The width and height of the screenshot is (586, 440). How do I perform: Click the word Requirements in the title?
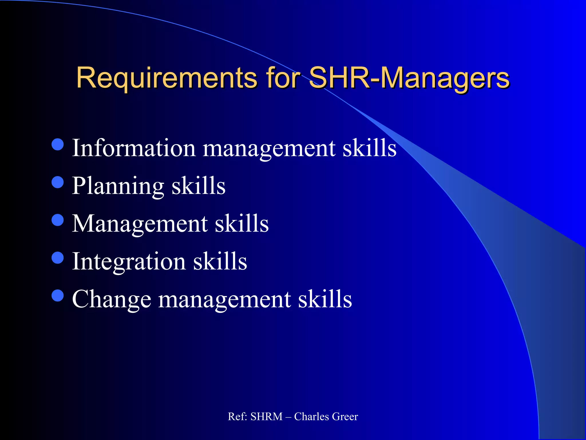point(167,78)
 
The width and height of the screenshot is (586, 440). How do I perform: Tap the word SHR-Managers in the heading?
point(409,78)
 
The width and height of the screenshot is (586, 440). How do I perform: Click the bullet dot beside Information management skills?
point(58,145)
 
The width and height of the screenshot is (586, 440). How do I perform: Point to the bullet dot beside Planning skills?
point(58,182)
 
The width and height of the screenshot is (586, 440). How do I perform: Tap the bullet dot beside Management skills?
point(58,220)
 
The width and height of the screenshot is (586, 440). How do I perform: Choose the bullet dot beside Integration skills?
point(58,258)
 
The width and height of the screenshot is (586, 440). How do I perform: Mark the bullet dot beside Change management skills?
point(58,295)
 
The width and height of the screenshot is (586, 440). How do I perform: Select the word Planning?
point(118,186)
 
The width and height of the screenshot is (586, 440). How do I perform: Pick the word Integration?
point(129,261)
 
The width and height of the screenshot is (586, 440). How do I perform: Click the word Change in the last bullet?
point(112,299)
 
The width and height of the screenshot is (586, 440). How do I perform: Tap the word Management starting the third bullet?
point(140,224)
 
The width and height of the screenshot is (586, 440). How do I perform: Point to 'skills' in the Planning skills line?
point(198,186)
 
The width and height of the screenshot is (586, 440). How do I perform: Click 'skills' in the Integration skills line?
point(220,261)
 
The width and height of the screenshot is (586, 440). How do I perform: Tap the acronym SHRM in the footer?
point(266,417)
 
